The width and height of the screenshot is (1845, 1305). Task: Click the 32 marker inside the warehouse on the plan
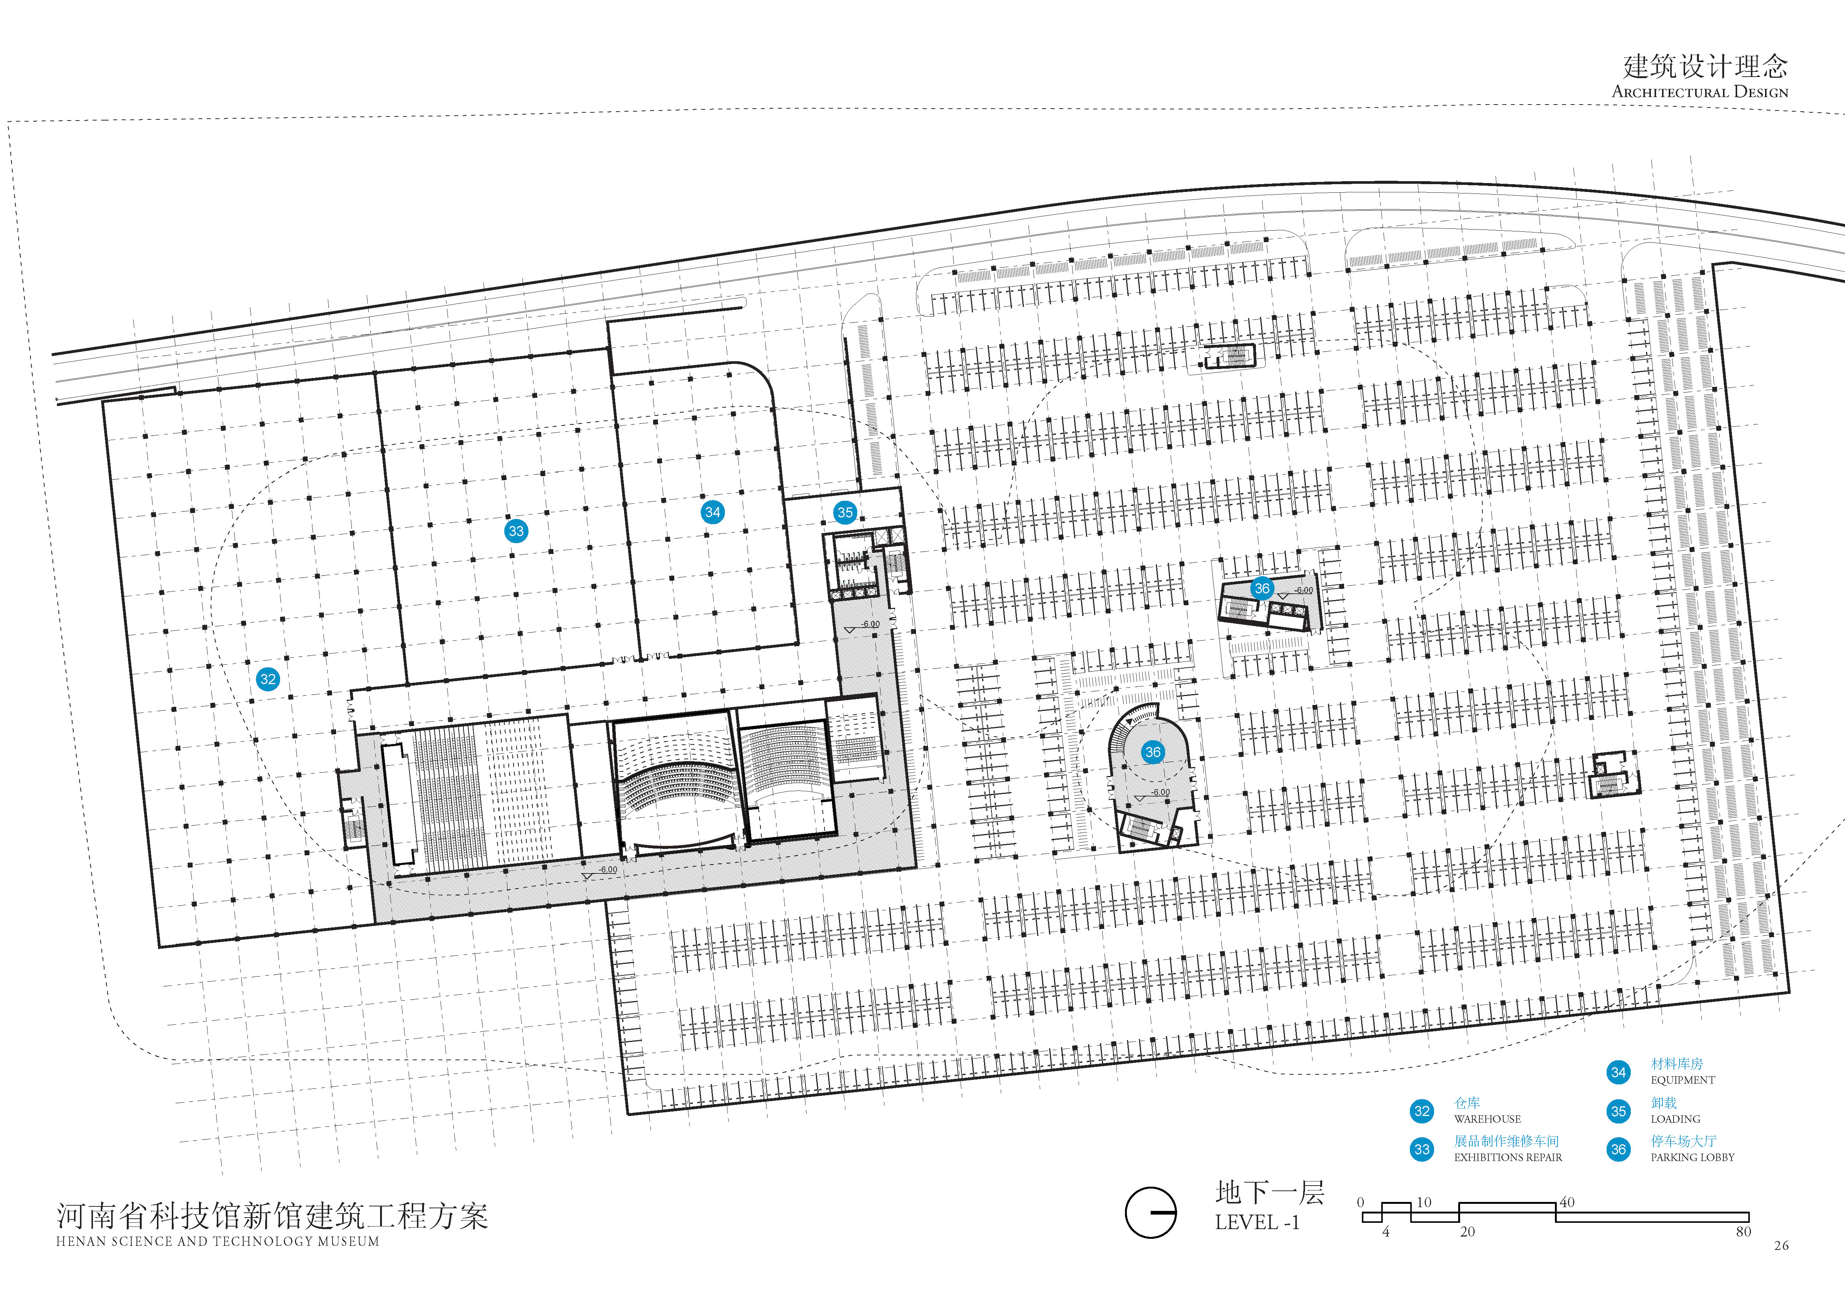(268, 679)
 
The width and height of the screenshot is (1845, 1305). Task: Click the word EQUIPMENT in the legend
(1683, 1080)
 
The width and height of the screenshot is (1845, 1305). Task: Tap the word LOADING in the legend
(1675, 1119)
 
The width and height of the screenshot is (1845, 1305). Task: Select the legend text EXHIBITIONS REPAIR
(1508, 1157)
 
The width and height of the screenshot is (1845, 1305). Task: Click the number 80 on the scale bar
(1743, 1232)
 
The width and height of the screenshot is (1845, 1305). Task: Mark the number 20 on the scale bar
(1467, 1232)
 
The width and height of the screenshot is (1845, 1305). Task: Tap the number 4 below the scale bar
(1385, 1232)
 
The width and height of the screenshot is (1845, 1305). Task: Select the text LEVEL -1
(1257, 1222)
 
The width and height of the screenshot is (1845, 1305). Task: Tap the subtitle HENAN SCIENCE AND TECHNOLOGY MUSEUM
(217, 1241)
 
